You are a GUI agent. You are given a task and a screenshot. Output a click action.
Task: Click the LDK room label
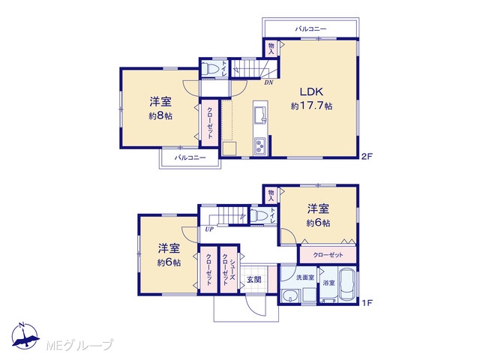click(x=311, y=91)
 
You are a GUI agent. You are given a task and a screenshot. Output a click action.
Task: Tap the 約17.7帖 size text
click(x=311, y=106)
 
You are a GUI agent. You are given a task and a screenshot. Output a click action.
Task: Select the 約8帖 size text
click(x=160, y=116)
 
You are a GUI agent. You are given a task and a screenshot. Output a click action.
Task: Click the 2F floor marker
click(x=367, y=157)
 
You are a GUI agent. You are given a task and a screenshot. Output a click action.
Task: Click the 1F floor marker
click(x=367, y=303)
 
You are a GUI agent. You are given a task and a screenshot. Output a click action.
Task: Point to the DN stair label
click(x=268, y=82)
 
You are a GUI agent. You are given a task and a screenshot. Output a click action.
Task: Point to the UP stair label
click(x=209, y=229)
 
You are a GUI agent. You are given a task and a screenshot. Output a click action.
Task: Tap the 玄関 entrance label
click(x=254, y=280)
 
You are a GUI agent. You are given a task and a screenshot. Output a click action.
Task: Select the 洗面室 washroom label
click(x=305, y=277)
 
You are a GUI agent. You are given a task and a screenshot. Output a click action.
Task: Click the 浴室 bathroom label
click(x=328, y=283)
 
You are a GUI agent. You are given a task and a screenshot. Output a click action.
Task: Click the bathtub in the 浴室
click(x=348, y=285)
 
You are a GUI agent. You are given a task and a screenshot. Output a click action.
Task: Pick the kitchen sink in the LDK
click(x=261, y=115)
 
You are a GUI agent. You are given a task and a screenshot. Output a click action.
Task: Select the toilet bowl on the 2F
click(x=210, y=68)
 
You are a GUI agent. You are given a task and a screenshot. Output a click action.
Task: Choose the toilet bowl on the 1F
click(x=259, y=216)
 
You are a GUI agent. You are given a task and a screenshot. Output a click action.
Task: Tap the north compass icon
click(x=25, y=336)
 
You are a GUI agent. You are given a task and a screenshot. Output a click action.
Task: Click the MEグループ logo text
click(x=80, y=345)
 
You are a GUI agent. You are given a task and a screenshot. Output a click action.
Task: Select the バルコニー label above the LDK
click(x=310, y=29)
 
